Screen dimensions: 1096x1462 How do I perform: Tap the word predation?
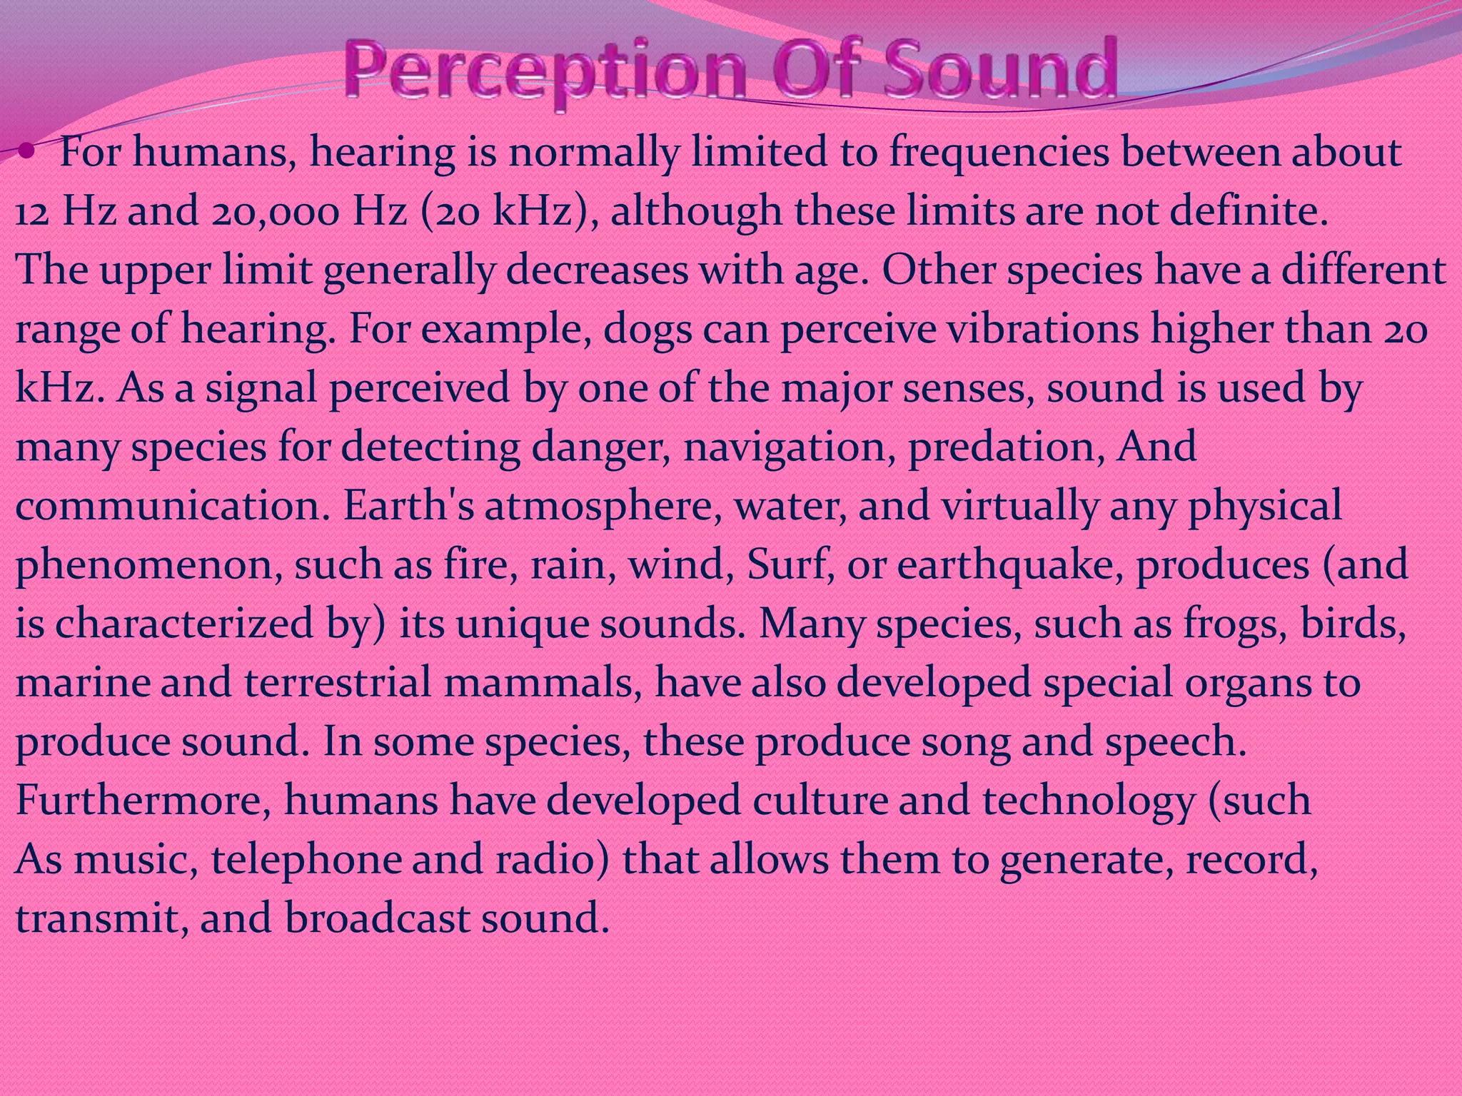coord(1006,447)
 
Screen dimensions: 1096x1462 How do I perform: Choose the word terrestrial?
coord(338,682)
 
